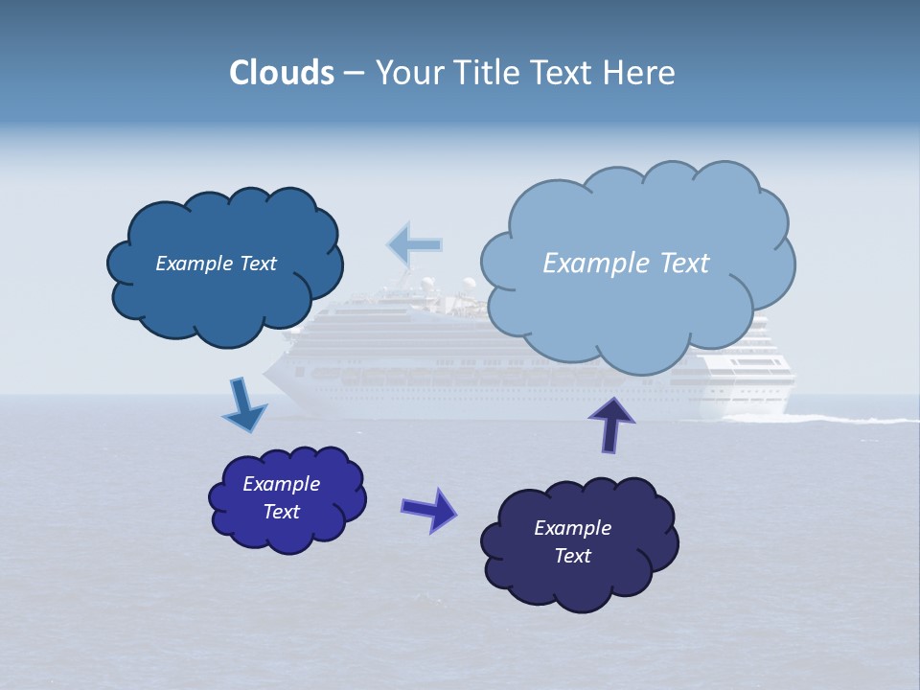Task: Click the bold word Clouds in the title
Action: [x=282, y=73]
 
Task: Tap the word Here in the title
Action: [x=641, y=73]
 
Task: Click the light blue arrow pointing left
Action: [x=415, y=245]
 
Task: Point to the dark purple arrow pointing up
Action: [x=610, y=424]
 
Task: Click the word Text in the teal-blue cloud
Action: [x=258, y=264]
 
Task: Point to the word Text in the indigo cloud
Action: [x=282, y=512]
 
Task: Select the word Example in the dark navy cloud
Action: [x=572, y=528]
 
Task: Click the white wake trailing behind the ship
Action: [x=843, y=419]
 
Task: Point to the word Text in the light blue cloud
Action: [x=685, y=264]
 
